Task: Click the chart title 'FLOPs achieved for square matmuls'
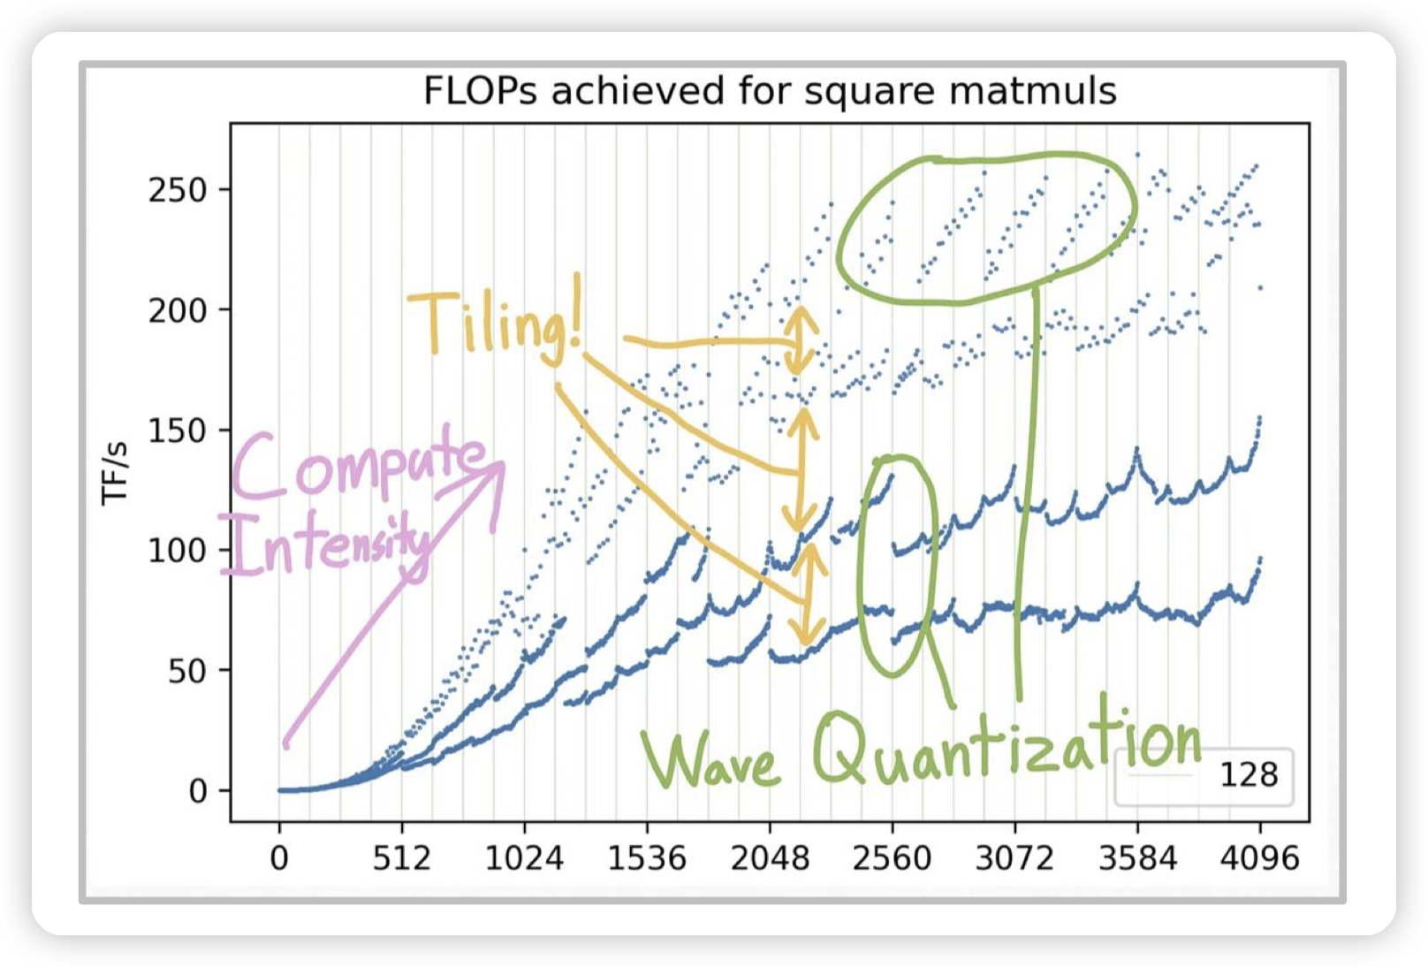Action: (x=770, y=91)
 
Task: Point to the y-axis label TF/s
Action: (x=116, y=474)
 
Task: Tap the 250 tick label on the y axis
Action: (x=177, y=190)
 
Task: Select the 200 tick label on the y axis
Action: (x=177, y=310)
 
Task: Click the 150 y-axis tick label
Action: (x=177, y=430)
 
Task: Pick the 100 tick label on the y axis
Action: (x=177, y=551)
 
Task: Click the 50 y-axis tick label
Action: (x=186, y=671)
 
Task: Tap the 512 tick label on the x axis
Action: (x=401, y=858)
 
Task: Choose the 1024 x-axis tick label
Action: (x=524, y=858)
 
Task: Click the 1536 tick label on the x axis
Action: (x=647, y=858)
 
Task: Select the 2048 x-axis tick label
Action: (x=769, y=858)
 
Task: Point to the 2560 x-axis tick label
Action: (x=892, y=858)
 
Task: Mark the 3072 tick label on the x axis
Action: (x=1014, y=858)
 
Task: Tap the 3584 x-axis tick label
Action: (x=1137, y=858)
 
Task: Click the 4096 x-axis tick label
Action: (x=1260, y=858)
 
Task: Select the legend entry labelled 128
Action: (x=1248, y=775)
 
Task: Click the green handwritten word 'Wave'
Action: (x=711, y=760)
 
